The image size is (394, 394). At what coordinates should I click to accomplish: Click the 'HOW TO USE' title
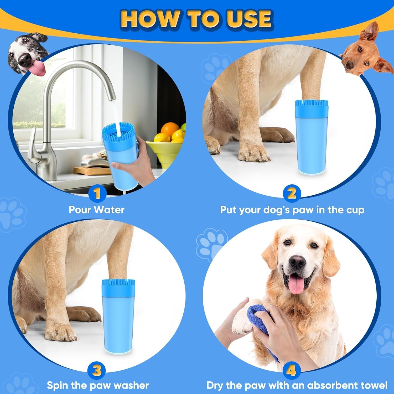tap(196, 19)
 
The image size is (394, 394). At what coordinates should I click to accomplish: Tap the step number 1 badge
tap(97, 194)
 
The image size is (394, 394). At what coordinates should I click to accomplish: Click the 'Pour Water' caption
tap(96, 210)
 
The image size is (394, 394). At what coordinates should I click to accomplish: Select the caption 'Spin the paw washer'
tap(98, 385)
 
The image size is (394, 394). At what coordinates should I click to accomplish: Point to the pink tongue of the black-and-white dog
tap(37, 68)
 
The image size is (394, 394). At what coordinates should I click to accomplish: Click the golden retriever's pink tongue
tap(296, 285)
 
